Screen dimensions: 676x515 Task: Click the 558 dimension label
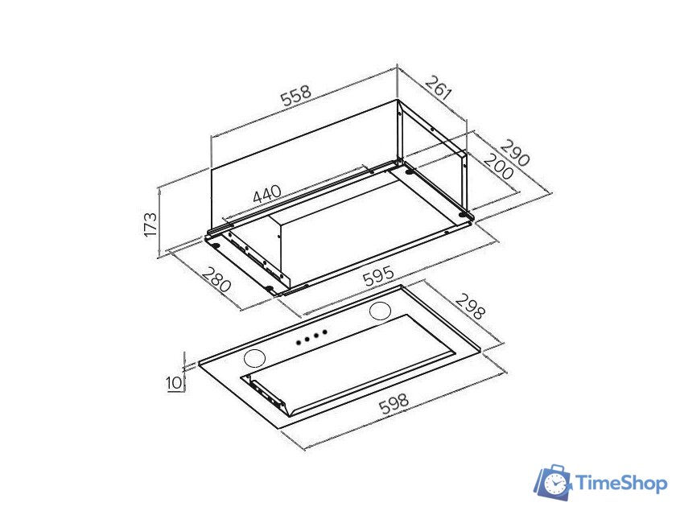[x=296, y=96]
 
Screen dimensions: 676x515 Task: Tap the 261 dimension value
[x=439, y=87]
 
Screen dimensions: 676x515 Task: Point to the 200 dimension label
[x=499, y=167]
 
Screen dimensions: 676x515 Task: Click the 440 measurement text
[x=267, y=194]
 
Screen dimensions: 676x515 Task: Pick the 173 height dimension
[x=150, y=224]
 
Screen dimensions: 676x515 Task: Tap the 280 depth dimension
[x=216, y=279]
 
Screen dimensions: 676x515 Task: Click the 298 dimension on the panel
[x=470, y=307]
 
